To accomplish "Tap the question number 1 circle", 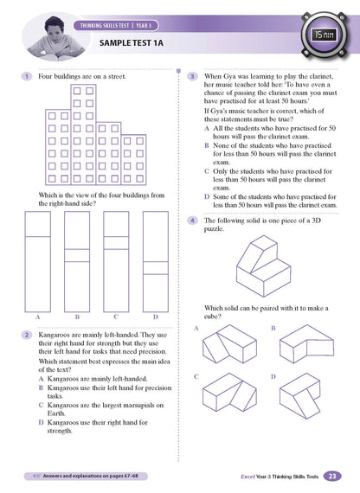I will tap(29, 77).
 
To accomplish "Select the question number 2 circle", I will tap(29, 333).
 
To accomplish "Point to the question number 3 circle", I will tap(193, 77).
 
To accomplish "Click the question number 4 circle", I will tap(193, 220).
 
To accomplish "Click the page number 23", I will tap(333, 475).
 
